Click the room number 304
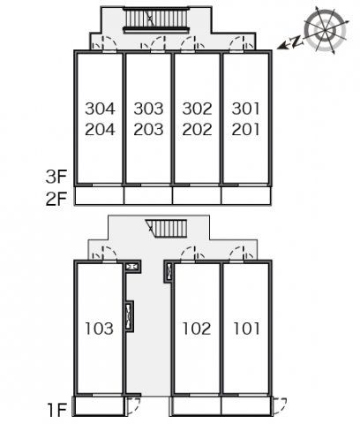(100, 109)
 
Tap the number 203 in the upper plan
(148, 130)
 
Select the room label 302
(197, 109)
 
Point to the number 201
(246, 130)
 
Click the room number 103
(99, 329)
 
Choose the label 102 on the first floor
(197, 329)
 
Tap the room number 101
(246, 329)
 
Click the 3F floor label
(56, 177)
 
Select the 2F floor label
(56, 199)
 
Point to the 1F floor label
(57, 410)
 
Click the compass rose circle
(325, 31)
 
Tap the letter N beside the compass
(297, 42)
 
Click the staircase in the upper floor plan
(155, 20)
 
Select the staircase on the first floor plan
(167, 228)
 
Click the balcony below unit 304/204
(99, 196)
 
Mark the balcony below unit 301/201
(246, 196)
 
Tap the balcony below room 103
(99, 406)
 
